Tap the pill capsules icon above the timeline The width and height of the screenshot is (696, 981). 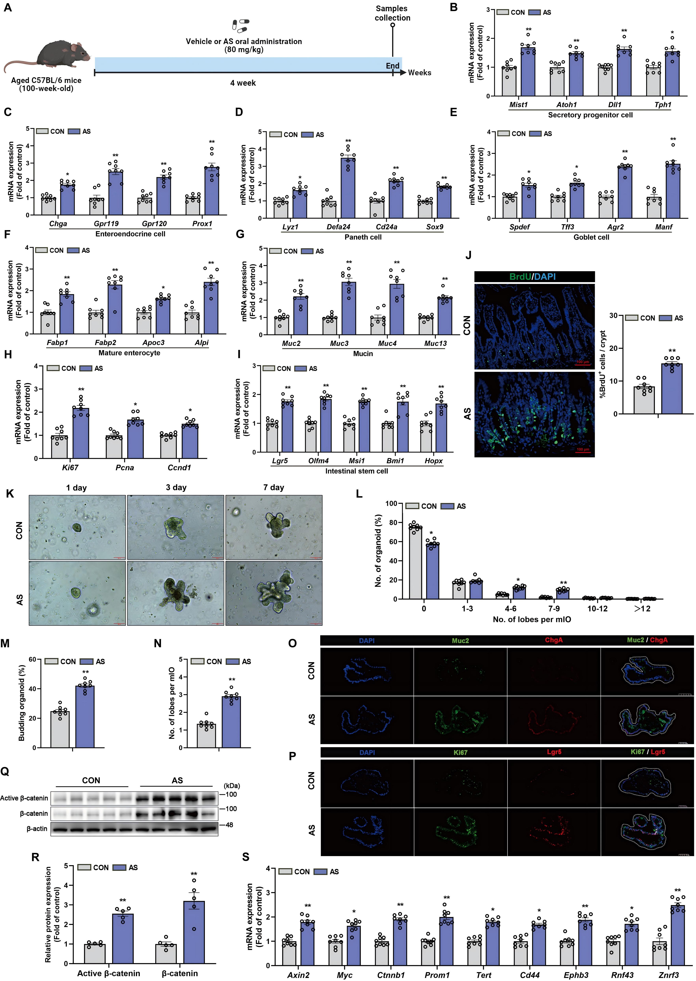[240, 26]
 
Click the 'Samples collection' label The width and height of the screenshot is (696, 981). [392, 13]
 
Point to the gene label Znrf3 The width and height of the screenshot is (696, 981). [669, 975]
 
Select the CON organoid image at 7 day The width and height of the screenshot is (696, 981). [274, 527]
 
